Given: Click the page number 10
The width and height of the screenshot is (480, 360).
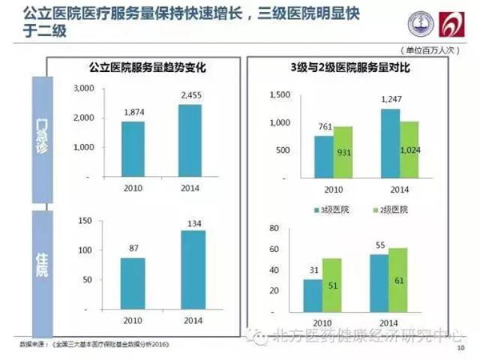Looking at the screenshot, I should pyautogui.click(x=460, y=349).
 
